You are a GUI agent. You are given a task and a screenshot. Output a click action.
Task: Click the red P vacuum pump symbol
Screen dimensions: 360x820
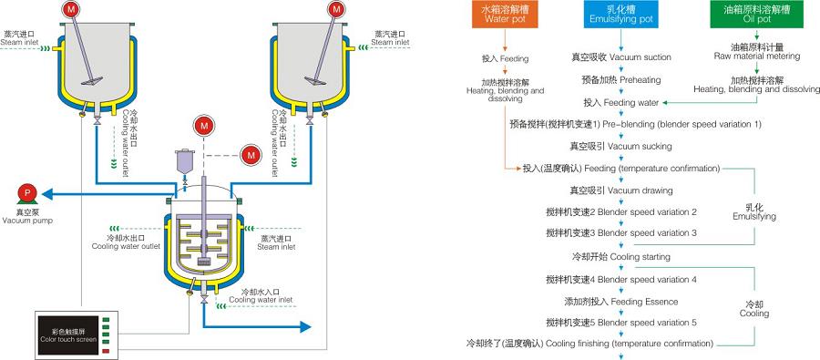pyautogui.click(x=28, y=192)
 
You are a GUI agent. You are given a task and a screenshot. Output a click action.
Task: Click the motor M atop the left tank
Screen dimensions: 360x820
pyautogui.click(x=72, y=8)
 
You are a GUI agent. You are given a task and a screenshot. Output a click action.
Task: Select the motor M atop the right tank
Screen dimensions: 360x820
pyautogui.click(x=336, y=8)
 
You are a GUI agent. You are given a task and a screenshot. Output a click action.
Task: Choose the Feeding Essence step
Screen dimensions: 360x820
pyautogui.click(x=621, y=300)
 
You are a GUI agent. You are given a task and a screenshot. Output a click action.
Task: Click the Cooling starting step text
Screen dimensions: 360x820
pyautogui.click(x=620, y=257)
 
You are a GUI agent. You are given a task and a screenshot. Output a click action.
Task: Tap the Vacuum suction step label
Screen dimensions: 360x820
pyautogui.click(x=621, y=57)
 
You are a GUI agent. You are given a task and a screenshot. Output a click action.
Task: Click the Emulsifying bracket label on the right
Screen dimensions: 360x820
pyautogui.click(x=753, y=212)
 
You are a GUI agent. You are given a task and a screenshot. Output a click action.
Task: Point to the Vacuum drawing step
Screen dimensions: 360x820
pyautogui.click(x=620, y=190)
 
